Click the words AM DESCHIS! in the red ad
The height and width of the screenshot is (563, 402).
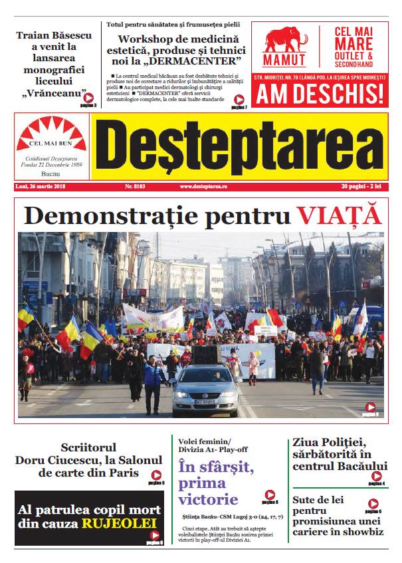320,94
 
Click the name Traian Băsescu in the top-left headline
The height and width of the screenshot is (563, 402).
54,35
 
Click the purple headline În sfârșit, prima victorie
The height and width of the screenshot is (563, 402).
216,483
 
